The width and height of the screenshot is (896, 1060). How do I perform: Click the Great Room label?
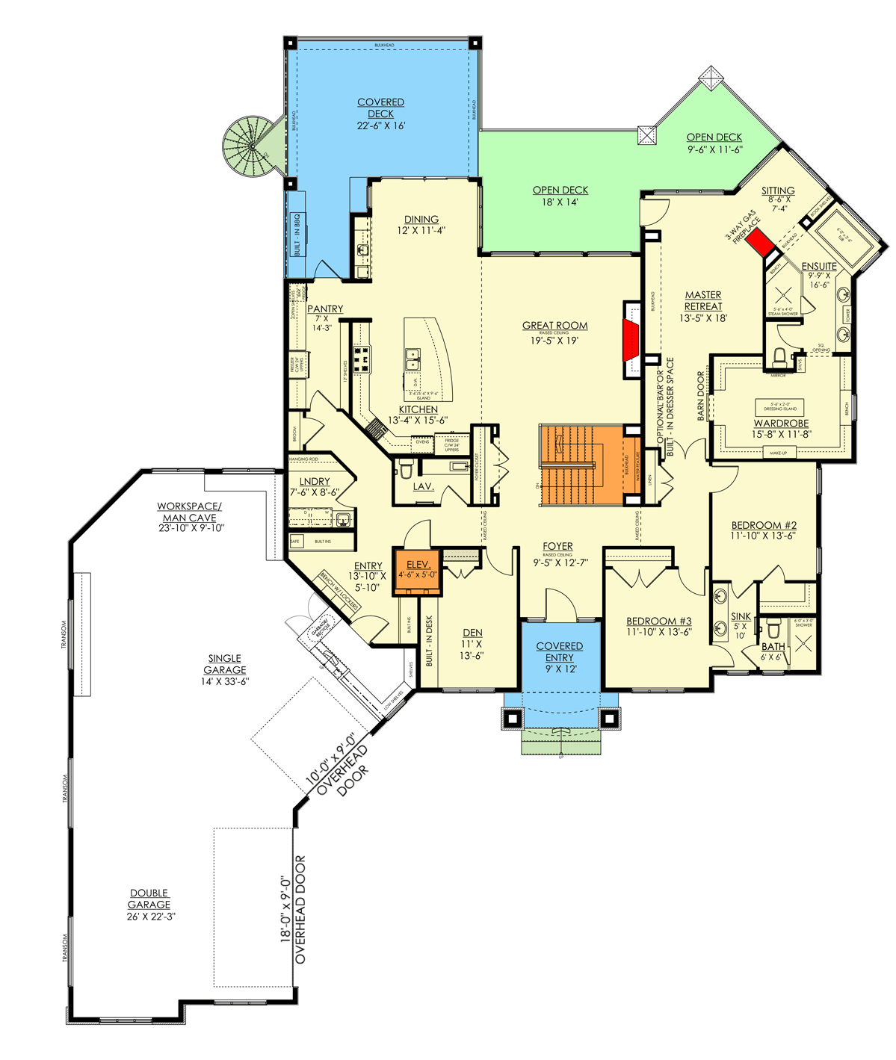[554, 326]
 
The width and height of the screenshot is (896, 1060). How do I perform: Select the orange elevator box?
[418, 571]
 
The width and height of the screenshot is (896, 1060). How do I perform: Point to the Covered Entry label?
[559, 651]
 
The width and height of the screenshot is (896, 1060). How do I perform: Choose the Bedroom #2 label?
[764, 526]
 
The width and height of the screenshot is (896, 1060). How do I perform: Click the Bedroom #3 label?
[658, 622]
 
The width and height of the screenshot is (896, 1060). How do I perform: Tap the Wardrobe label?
[781, 424]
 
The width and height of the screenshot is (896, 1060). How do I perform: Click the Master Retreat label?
[703, 300]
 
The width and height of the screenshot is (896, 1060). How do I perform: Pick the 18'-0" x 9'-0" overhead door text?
[293, 909]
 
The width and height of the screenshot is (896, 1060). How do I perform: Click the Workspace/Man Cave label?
[189, 512]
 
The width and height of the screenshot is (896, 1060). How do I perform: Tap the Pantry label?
[325, 309]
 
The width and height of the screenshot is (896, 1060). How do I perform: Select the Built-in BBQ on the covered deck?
[297, 234]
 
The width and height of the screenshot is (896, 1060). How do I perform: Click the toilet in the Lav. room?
[407, 468]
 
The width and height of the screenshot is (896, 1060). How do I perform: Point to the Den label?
[472, 633]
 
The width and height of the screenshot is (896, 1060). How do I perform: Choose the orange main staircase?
[581, 465]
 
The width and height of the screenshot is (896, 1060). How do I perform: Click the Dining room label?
[421, 220]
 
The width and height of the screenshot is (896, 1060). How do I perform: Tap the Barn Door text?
[702, 396]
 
